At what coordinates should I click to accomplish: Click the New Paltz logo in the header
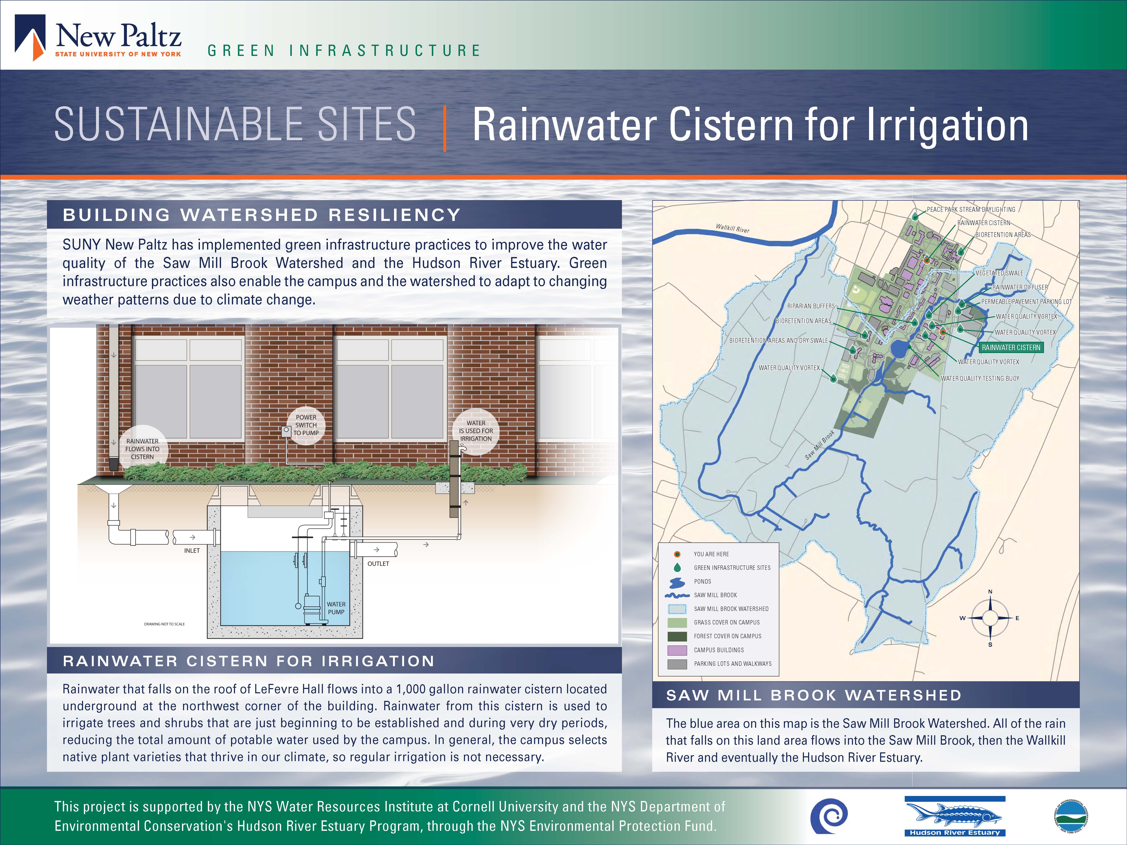(x=98, y=38)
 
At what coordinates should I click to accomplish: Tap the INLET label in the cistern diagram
(x=192, y=551)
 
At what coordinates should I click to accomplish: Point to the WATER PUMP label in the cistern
(x=336, y=608)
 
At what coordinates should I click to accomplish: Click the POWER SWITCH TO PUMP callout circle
(x=306, y=425)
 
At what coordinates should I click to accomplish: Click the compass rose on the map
(x=990, y=618)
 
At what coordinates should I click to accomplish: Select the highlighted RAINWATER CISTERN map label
(x=1011, y=347)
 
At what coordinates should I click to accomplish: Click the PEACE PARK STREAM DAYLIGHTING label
(x=971, y=209)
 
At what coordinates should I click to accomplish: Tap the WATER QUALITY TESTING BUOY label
(x=980, y=378)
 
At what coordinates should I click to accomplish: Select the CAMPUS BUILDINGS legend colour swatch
(x=677, y=650)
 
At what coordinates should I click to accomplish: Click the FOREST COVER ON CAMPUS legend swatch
(x=677, y=636)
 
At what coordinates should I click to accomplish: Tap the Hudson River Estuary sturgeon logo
(x=955, y=816)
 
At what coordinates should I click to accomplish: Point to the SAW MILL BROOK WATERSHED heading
(x=814, y=695)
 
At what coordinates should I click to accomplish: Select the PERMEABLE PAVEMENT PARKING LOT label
(x=1026, y=301)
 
